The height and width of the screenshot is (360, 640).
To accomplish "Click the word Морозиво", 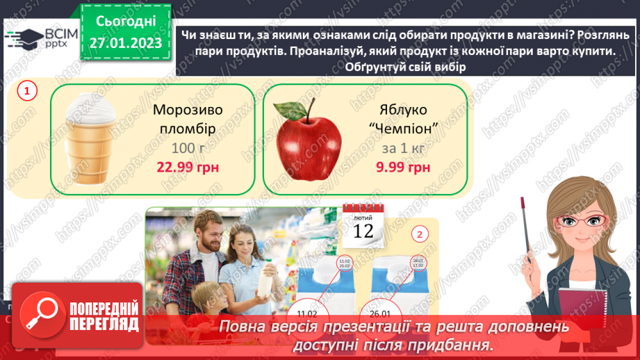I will pyautogui.click(x=184, y=111).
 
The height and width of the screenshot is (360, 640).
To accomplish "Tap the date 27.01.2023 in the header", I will pyautogui.click(x=126, y=42).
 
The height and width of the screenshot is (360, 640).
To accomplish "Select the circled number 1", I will pyautogui.click(x=27, y=90).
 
